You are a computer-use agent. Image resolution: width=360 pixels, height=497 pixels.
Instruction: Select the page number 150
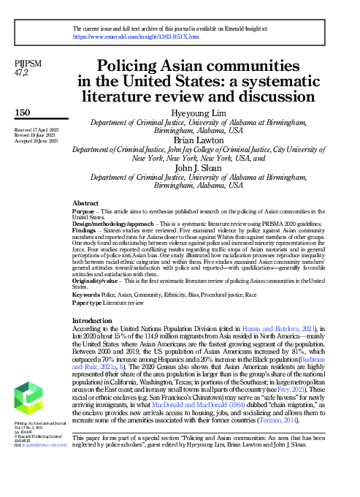(x=23, y=112)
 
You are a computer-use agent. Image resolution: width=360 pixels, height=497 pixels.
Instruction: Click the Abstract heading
(x=86, y=202)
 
